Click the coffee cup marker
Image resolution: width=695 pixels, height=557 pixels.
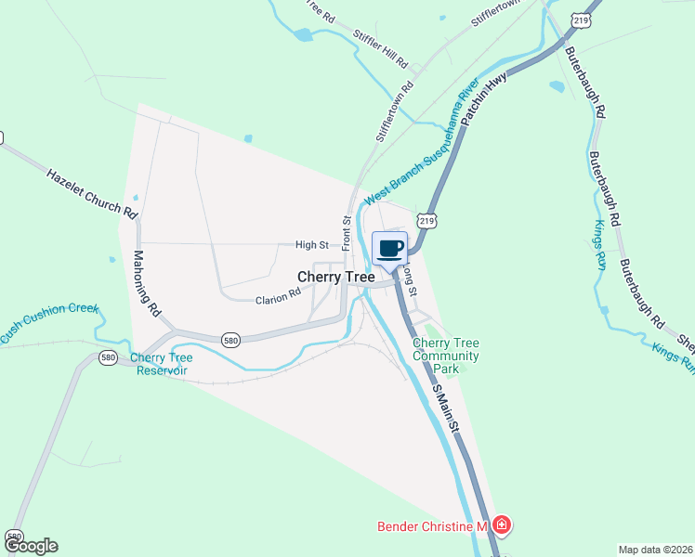[x=391, y=249]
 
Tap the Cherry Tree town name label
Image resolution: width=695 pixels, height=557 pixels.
[x=335, y=277]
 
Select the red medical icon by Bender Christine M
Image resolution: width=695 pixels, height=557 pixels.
[x=502, y=526]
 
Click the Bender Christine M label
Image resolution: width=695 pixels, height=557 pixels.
[x=432, y=526]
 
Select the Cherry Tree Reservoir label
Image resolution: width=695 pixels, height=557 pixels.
[x=162, y=364]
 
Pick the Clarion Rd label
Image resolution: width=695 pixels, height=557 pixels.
[x=279, y=295]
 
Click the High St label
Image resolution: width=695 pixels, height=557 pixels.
[x=312, y=245]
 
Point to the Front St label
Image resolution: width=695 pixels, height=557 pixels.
[x=346, y=233]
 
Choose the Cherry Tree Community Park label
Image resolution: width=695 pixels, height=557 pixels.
[x=446, y=356]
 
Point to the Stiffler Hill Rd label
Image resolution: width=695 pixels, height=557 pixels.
[x=381, y=48]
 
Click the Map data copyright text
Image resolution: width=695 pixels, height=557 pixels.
[x=655, y=550]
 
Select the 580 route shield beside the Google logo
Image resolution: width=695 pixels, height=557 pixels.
[x=14, y=536]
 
